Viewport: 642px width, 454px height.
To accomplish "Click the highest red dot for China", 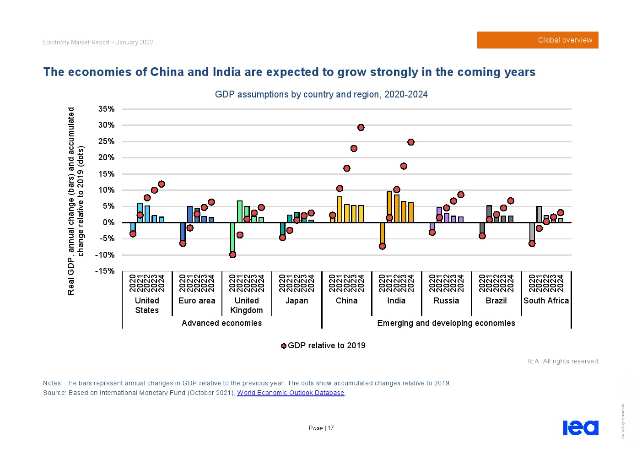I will pos(361,128).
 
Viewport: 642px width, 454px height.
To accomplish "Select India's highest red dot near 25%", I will pos(411,142).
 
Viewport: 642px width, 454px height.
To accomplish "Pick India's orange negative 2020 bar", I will pos(382,233).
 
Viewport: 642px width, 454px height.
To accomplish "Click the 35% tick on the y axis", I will pos(106,109).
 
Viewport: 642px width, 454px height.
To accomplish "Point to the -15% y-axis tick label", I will pos(105,271).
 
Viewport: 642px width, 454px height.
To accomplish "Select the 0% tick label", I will pos(108,222).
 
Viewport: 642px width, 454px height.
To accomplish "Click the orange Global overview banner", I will pos(538,40).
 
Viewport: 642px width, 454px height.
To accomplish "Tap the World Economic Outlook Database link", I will pos(291,393).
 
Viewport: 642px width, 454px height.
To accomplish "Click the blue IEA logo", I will pos(580,428).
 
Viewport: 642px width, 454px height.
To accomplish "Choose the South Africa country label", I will pos(546,301).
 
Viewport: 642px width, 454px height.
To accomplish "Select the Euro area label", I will pos(197,301).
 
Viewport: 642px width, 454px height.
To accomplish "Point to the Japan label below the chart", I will pos(297,301).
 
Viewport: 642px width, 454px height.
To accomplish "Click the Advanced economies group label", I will pos(221,323).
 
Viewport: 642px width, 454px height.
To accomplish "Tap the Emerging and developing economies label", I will pos(446,323).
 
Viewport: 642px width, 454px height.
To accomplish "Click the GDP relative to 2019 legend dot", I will pos(284,346).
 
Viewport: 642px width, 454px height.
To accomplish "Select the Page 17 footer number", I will pos(321,428).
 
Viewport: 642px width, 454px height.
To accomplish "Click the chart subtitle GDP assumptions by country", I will pos(321,95).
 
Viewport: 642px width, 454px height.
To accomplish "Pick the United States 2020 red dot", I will pos(133,234).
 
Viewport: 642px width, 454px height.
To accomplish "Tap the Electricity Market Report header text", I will pos(98,43).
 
